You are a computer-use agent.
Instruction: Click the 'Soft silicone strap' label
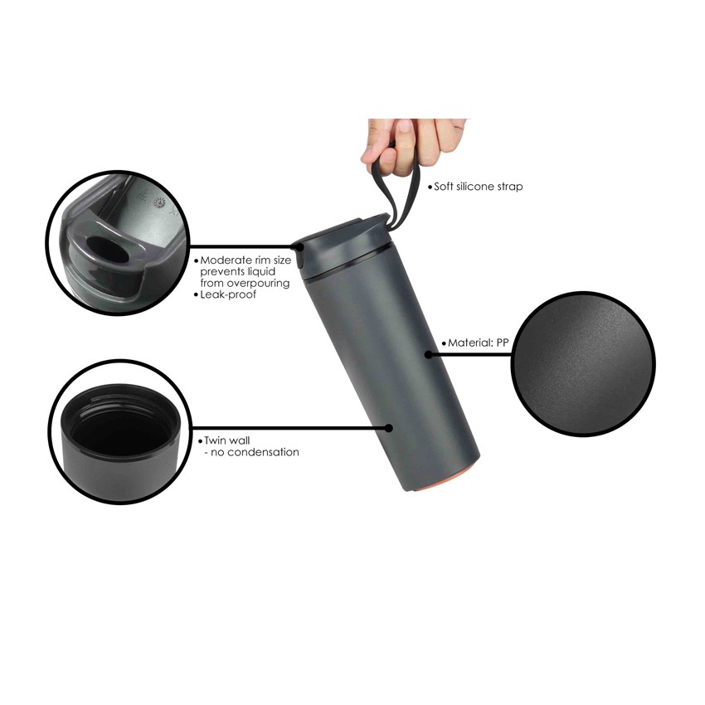[x=478, y=187]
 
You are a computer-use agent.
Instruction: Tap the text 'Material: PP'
[x=478, y=343]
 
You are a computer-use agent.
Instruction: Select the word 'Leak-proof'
[x=228, y=294]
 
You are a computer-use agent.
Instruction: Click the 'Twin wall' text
[x=226, y=440]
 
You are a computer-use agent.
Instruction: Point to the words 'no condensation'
[x=255, y=452]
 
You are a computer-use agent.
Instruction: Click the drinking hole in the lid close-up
[x=106, y=250]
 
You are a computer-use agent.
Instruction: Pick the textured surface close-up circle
[x=584, y=363]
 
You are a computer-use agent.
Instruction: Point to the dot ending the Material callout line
[x=429, y=355]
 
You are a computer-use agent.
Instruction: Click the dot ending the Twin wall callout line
[x=389, y=428]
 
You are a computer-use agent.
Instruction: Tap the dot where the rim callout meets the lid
[x=298, y=246]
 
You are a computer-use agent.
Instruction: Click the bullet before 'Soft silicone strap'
[x=430, y=187]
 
